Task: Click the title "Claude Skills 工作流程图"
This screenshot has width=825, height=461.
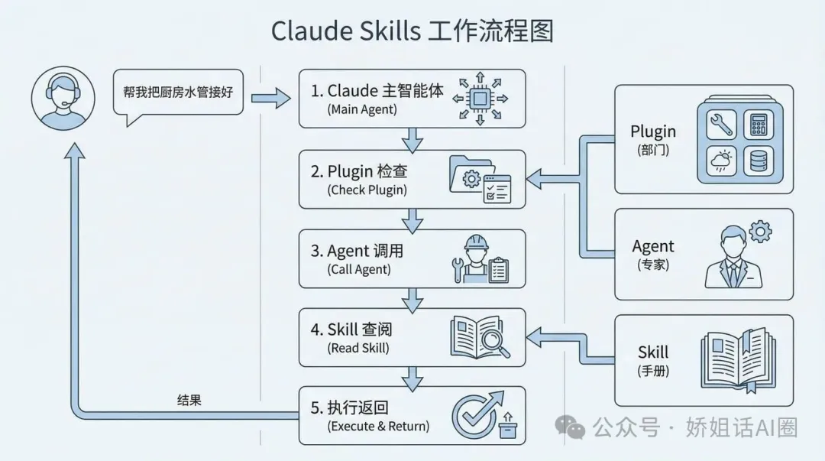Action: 412,31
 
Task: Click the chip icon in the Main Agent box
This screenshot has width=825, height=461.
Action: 480,98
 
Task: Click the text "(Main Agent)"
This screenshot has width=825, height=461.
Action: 363,110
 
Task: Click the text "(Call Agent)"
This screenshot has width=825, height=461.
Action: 359,269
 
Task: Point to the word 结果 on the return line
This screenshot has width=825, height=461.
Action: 189,401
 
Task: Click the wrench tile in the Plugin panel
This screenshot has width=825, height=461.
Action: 721,124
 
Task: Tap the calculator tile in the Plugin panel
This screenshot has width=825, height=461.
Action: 759,124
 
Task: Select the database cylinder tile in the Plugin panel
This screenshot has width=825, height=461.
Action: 759,161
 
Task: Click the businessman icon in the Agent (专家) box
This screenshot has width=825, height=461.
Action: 732,258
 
